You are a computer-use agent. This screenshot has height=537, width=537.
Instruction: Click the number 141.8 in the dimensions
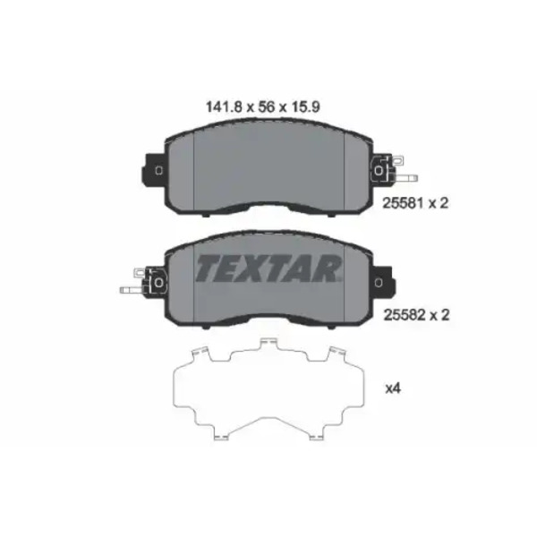click(x=224, y=107)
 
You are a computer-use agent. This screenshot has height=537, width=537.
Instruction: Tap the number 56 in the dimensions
click(x=267, y=107)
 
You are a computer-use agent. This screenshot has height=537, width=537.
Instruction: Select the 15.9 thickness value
click(x=305, y=107)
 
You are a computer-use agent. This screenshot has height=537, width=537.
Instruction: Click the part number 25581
click(x=403, y=203)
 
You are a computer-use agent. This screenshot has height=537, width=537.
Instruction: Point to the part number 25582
click(x=405, y=315)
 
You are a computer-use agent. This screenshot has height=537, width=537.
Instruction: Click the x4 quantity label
click(x=393, y=388)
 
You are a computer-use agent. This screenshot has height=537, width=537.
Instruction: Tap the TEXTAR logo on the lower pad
click(x=268, y=268)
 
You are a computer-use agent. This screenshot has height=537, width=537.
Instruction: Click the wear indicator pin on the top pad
click(x=405, y=178)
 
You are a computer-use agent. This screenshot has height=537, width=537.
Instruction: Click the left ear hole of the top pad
click(x=158, y=170)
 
